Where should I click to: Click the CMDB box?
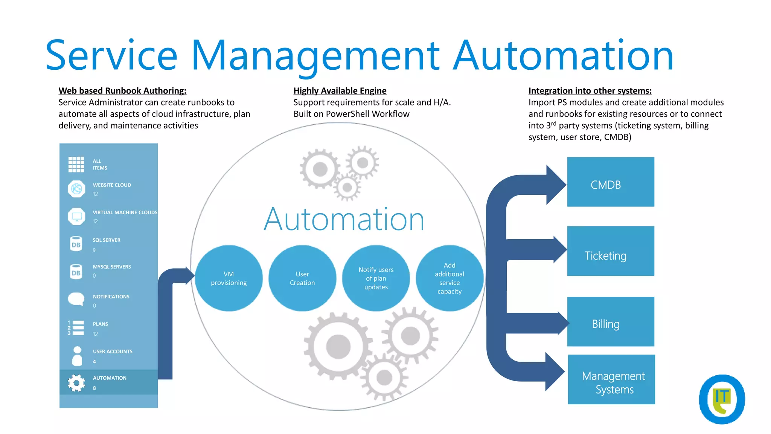click(610, 182)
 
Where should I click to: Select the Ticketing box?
click(610, 251)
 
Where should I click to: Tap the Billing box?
click(610, 321)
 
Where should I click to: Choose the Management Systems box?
click(611, 379)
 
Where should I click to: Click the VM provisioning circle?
click(229, 278)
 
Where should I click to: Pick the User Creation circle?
click(302, 278)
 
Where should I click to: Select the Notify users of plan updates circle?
click(376, 278)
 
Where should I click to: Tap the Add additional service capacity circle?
click(449, 278)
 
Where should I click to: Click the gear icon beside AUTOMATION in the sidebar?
click(76, 383)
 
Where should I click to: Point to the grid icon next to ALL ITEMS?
click(76, 164)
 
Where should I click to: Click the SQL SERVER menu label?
click(107, 240)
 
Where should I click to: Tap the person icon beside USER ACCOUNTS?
click(77, 356)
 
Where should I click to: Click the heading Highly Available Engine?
click(340, 91)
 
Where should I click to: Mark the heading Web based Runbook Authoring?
click(122, 91)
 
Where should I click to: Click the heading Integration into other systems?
click(590, 91)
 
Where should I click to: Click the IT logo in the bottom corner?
click(722, 399)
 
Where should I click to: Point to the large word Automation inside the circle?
click(344, 219)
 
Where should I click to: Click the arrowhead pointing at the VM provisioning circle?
click(189, 276)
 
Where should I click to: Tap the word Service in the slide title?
click(111, 56)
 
